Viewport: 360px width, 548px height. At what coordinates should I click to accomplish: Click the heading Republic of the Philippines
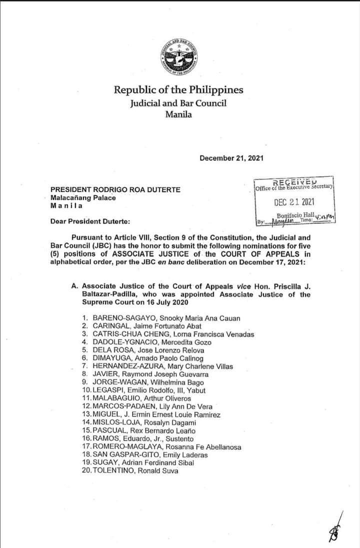[178, 90]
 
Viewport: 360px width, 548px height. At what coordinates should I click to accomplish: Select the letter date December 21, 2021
[231, 158]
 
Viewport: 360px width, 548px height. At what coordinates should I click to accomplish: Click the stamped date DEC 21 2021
[294, 202]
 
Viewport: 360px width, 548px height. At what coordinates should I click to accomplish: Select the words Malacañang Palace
[83, 197]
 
